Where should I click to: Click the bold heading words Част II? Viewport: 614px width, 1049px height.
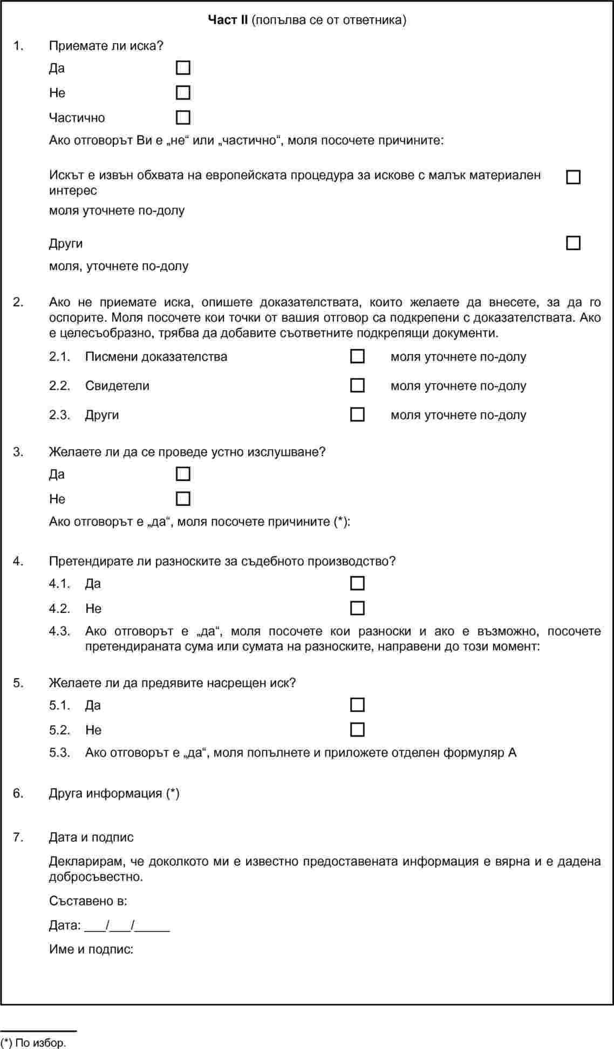[x=228, y=21]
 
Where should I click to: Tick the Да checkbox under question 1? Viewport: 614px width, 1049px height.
[x=183, y=68]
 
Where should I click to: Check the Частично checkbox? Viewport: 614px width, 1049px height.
[x=183, y=118]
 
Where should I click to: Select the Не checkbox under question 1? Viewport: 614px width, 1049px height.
[x=183, y=93]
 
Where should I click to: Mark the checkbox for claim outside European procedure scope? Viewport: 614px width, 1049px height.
[x=573, y=177]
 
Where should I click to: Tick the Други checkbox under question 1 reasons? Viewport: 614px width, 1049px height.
[x=573, y=243]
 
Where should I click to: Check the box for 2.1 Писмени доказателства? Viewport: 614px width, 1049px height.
[x=357, y=356]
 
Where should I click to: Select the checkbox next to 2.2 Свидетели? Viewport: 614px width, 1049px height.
[x=357, y=385]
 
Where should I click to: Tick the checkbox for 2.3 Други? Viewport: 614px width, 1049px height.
[x=357, y=414]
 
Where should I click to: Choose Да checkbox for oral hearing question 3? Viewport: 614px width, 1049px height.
[x=183, y=474]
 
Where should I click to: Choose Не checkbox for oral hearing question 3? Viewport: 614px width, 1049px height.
[x=183, y=499]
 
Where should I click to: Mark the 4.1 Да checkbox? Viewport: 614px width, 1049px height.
[x=357, y=583]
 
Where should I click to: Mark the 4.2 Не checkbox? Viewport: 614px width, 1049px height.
[x=357, y=608]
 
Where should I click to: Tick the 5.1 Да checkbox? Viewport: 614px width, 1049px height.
[x=357, y=705]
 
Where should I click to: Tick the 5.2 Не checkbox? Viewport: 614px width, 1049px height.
[x=357, y=730]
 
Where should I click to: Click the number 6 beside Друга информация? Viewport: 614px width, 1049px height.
[x=18, y=793]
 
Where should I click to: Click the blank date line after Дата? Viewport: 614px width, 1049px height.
[x=127, y=926]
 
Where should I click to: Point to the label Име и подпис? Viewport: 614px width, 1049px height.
[x=91, y=949]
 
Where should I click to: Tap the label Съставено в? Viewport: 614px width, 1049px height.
[x=88, y=901]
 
